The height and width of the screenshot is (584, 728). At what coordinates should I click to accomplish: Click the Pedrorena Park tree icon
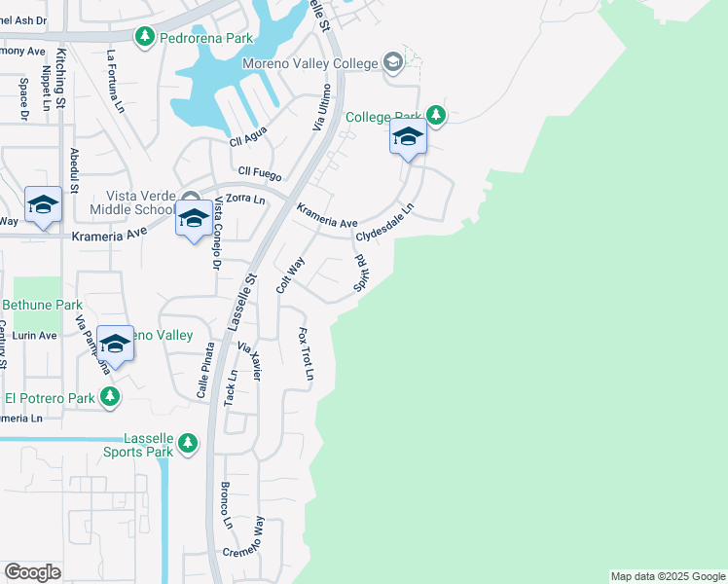tap(145, 37)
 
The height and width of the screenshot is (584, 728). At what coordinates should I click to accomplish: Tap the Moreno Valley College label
tap(310, 64)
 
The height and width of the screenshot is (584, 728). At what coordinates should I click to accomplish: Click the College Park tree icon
tap(437, 116)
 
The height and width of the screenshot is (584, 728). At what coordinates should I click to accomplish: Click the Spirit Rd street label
tap(359, 273)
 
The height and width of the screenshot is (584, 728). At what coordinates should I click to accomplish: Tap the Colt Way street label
tap(290, 274)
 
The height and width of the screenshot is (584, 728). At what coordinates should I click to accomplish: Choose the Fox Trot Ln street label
tap(306, 353)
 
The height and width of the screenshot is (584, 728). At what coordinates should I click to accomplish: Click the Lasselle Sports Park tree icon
tap(188, 445)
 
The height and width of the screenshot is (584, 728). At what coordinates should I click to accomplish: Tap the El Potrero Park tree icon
tap(110, 397)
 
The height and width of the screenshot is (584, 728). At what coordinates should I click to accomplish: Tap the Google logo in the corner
tap(32, 572)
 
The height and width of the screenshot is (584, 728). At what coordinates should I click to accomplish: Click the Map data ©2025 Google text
tap(667, 576)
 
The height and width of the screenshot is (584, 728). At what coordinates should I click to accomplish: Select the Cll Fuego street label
tap(256, 175)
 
